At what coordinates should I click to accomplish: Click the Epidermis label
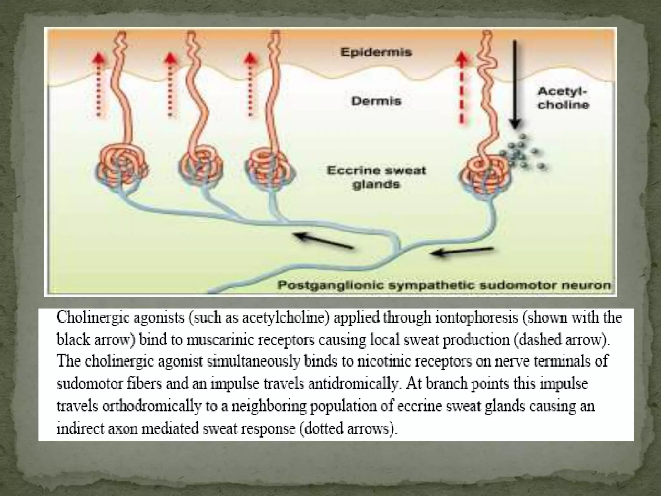click(376, 52)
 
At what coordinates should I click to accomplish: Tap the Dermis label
click(376, 101)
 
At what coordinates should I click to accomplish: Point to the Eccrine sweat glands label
click(376, 177)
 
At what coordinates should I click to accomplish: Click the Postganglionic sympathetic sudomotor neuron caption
click(444, 285)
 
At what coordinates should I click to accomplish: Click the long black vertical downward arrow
click(514, 84)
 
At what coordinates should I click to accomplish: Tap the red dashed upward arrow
click(463, 87)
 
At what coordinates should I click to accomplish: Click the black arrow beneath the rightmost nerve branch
click(463, 252)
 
